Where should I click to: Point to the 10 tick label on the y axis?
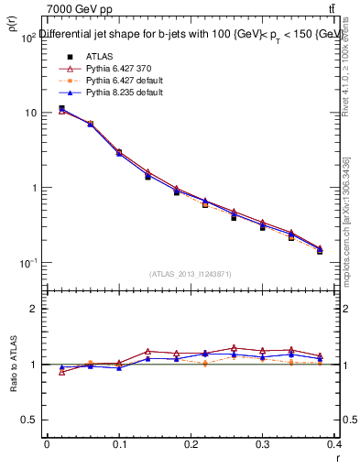[x=30, y=113]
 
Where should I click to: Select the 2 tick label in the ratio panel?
[x=35, y=309]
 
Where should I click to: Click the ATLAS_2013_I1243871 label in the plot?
[x=191, y=274]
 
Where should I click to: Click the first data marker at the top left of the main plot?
[x=61, y=109]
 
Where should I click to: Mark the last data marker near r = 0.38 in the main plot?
[x=320, y=250]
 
